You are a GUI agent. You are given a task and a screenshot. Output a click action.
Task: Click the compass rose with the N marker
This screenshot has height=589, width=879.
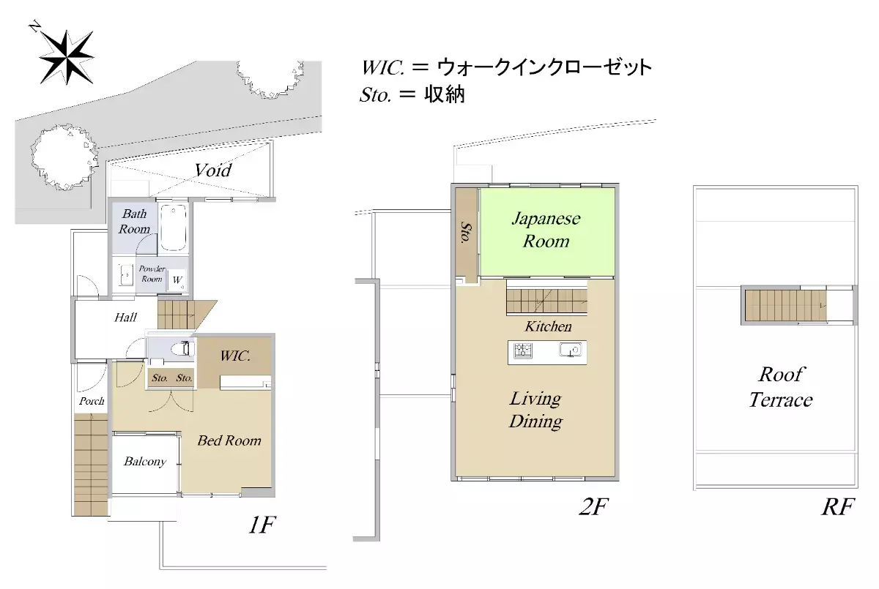coord(65,56)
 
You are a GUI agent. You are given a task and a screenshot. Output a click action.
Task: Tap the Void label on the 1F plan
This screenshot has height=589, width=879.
coord(212,170)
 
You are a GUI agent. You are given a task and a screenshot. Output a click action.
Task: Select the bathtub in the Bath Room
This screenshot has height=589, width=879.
coord(174,227)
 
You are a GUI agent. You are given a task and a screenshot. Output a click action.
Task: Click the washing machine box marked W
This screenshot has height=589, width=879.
coord(177,280)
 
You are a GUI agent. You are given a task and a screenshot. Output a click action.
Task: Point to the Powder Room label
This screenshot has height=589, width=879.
coord(152,274)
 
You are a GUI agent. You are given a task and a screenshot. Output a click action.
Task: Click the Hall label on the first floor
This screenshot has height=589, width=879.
coord(126,318)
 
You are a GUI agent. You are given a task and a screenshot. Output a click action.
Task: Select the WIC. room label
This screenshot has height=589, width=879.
coord(236,357)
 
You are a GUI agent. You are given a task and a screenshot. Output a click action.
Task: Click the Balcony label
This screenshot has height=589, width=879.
coord(144,462)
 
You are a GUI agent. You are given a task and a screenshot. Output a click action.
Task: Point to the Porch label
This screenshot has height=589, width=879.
coord(92,401)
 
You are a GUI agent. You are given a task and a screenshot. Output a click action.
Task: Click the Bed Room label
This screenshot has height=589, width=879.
coord(229,440)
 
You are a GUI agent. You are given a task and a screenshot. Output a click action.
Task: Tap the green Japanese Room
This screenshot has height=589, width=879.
coord(546,230)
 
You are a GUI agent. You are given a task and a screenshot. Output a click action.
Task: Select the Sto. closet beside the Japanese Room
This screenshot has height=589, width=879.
coord(465,232)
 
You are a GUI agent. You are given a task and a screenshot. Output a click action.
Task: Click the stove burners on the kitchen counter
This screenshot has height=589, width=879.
coord(523,350)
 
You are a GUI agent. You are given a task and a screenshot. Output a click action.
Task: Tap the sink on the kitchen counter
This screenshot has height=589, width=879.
coord(570,350)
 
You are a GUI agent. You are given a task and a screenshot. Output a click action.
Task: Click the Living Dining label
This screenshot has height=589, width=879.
coord(535,410)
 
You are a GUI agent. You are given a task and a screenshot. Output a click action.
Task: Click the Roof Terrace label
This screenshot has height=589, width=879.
coord(780,388)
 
